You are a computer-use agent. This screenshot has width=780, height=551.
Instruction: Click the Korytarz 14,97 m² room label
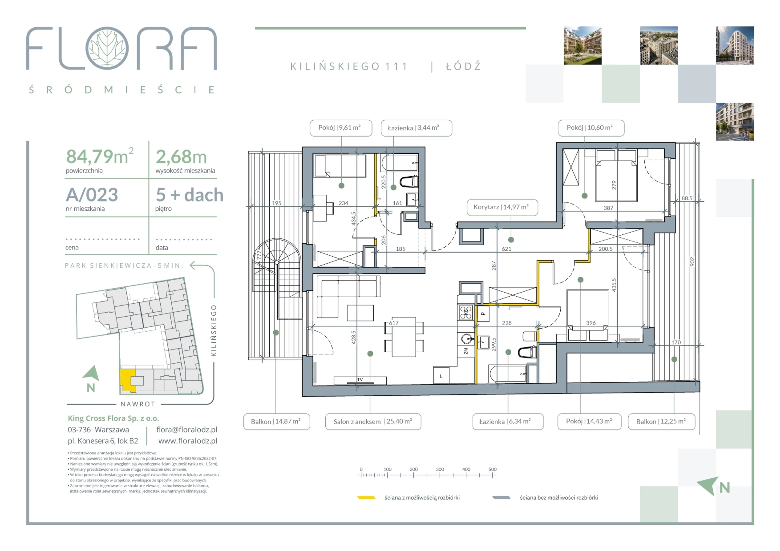pos(502,207)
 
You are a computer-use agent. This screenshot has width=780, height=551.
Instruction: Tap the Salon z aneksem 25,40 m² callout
pos(373,422)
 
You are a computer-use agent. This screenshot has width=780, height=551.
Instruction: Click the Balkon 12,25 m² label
pos(661,422)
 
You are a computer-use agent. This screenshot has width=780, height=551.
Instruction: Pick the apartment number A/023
pos(92,195)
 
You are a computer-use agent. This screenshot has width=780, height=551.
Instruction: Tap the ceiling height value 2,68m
pos(181,157)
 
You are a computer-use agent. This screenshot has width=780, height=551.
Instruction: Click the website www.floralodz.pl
pos(187,441)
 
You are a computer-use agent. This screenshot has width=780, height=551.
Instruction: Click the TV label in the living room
pos(360,379)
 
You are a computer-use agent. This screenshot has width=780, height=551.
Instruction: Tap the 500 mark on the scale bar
pos(493,469)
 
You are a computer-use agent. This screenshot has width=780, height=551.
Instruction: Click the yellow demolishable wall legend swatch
pos(366,498)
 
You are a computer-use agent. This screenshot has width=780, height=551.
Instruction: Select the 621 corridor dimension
pos(506,249)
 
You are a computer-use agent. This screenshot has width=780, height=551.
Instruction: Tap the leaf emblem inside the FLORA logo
pos(107,48)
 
